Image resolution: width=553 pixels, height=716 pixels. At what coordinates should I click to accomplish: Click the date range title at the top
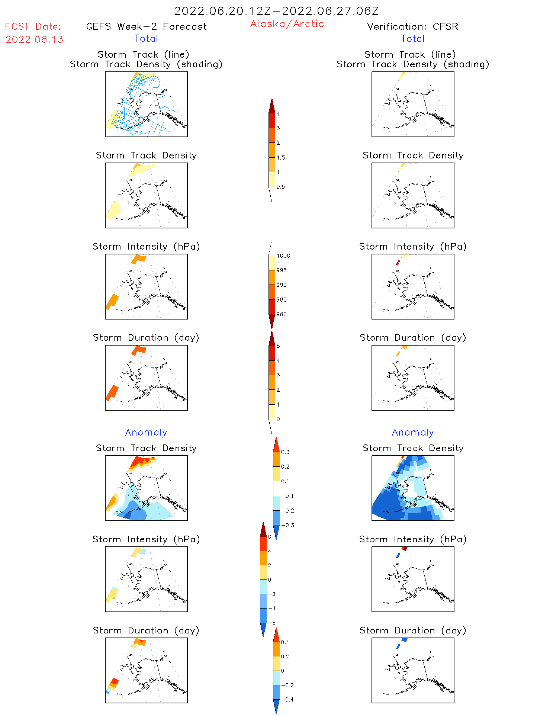coord(276,11)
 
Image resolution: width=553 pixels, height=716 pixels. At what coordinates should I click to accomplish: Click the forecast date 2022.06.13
coord(34,39)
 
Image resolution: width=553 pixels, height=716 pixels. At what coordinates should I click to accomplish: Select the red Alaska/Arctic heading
coord(287,24)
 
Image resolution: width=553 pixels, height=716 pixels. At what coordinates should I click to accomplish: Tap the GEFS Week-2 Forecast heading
coord(146,26)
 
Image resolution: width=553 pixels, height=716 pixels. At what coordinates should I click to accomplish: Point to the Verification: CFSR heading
coord(412,26)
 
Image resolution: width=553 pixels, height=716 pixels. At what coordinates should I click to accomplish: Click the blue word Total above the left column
coord(146,38)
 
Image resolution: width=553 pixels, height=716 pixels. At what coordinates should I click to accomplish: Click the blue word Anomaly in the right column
coord(413,432)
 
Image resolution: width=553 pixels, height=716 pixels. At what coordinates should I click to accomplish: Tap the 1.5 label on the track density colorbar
coord(281,157)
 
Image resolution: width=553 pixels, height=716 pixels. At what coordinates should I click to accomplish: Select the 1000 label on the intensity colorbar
coord(283,256)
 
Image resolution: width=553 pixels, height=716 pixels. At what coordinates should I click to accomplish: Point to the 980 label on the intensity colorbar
coord(282,314)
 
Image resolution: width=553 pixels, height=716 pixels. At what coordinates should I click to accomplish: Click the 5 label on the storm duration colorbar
coord(278,346)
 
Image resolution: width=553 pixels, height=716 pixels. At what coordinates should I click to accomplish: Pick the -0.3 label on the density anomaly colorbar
coord(287,525)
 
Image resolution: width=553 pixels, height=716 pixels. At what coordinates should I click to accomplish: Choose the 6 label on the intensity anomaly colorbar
coord(270,537)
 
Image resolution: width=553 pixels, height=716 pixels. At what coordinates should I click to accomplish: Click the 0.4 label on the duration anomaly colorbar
coord(285,642)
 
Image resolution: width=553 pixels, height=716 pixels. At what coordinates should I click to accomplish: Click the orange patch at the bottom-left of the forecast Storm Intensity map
coord(112,301)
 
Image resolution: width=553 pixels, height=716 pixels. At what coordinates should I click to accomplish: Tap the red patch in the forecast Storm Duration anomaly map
coord(115,681)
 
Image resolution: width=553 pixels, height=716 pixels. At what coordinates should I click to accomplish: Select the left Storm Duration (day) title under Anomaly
coord(146,630)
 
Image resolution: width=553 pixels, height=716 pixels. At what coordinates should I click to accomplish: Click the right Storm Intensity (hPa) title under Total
coord(413,246)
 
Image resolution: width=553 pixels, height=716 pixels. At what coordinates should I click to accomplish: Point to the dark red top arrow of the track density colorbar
coord(272,106)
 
